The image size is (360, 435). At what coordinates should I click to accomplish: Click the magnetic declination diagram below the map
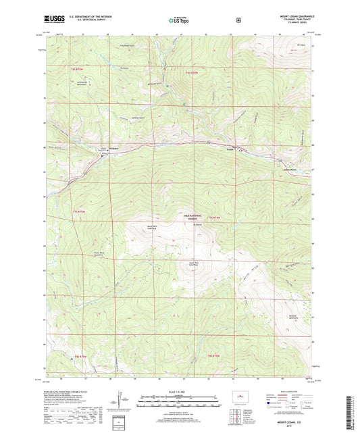tap(120, 403)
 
